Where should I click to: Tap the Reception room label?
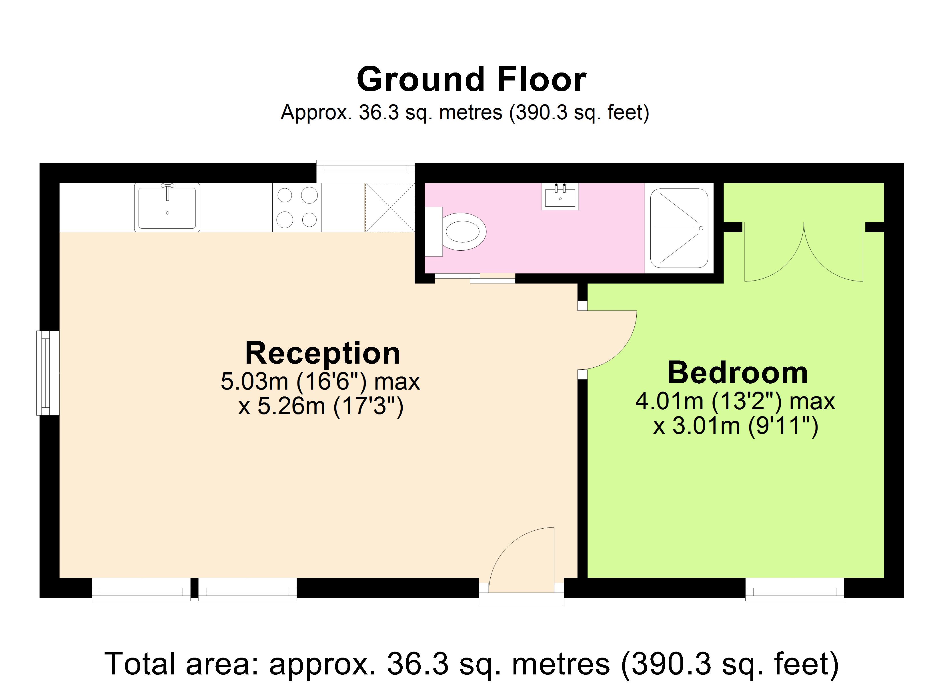coord(323,353)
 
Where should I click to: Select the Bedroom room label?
coord(738,373)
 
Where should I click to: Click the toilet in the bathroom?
coord(455,232)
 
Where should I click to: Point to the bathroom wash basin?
coord(560,196)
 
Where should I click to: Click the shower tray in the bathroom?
coord(679,228)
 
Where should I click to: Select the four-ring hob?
coord(297,207)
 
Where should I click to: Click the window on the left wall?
coord(48,373)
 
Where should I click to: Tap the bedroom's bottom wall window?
coord(795,589)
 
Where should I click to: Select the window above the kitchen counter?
coord(365,171)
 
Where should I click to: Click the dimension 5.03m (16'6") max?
coord(320,381)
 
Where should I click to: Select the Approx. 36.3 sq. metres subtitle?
coord(465,112)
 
